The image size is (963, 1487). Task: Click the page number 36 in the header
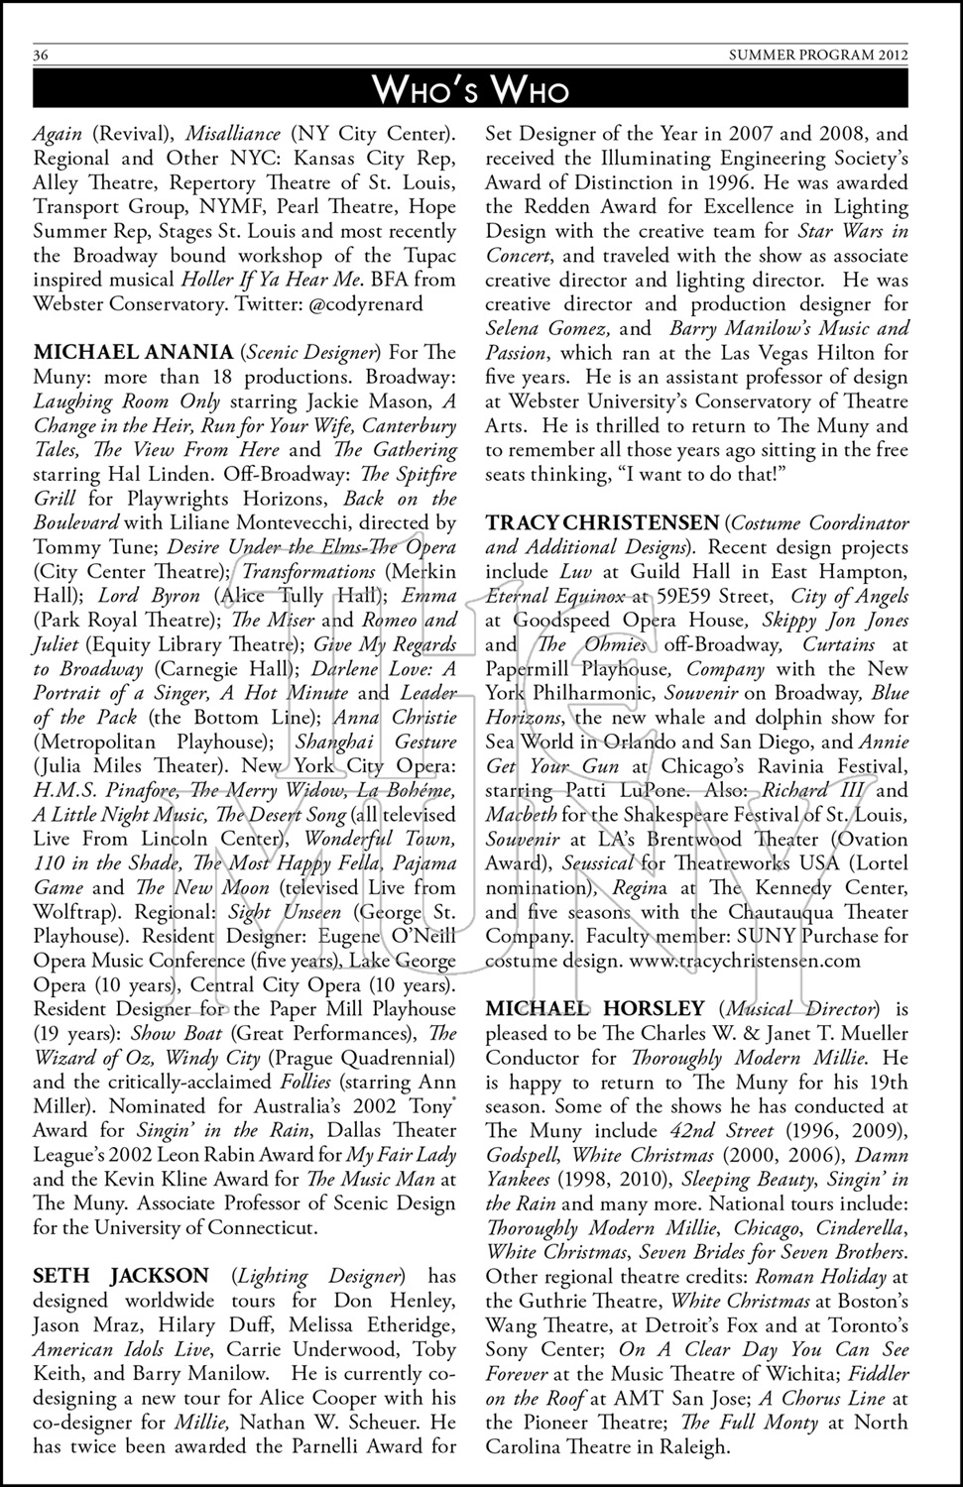[42, 56]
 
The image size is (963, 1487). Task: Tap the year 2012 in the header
[891, 56]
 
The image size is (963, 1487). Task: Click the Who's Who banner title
[471, 89]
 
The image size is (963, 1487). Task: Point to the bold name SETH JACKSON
[121, 1276]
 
